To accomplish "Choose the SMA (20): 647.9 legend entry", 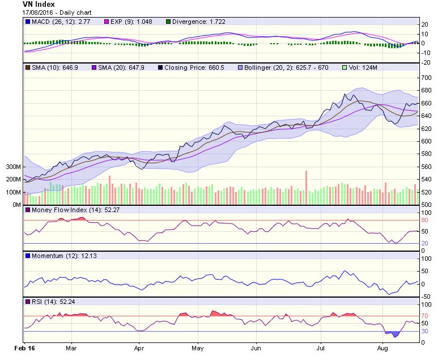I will point(117,67).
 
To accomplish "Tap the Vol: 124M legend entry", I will point(363,67).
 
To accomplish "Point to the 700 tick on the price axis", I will point(426,78).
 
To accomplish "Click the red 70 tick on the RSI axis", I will point(424,316).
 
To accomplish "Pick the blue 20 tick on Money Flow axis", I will point(424,243).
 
